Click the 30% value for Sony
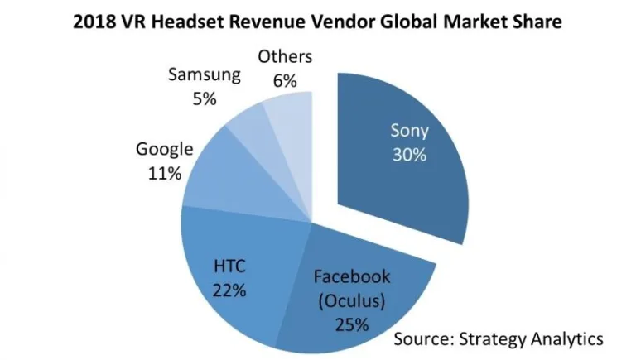409,154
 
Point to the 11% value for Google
164,175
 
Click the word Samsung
204,75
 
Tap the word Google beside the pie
164,150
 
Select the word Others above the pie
285,57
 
